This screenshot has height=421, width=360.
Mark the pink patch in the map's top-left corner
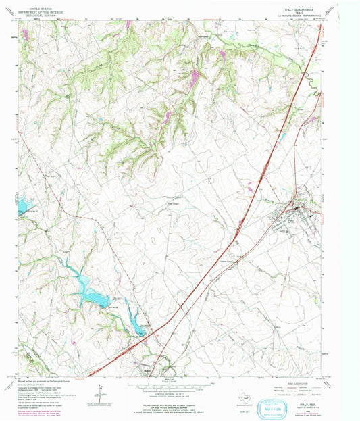pos(25,32)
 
